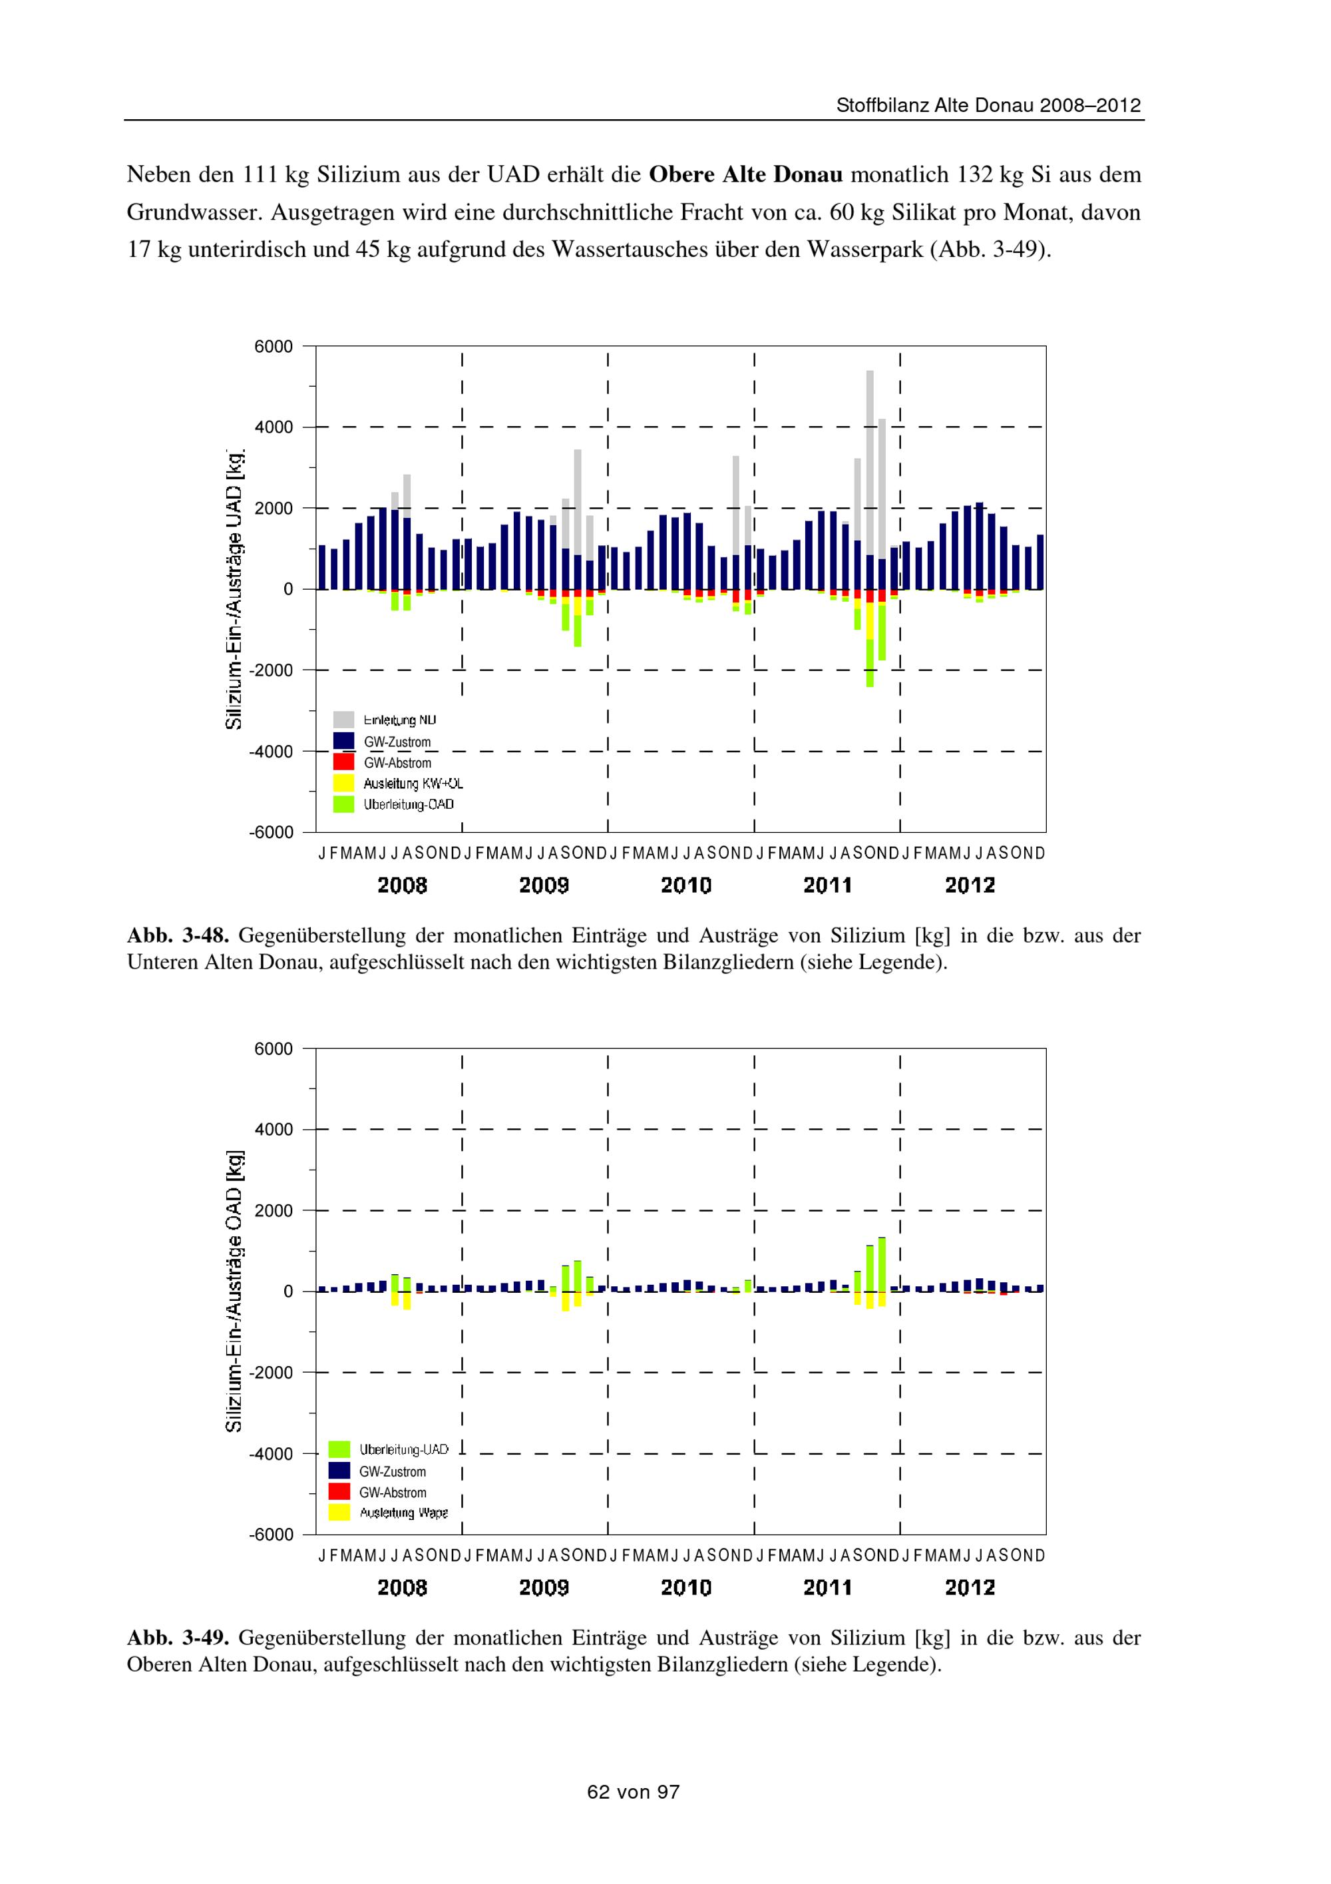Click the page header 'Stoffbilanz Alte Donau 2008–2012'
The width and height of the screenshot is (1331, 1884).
coord(988,106)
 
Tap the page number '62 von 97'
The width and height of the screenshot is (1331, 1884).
coord(633,1792)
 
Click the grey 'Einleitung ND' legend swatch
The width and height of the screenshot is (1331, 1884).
coord(343,720)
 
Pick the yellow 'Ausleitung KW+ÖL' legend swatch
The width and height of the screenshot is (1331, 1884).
coord(343,783)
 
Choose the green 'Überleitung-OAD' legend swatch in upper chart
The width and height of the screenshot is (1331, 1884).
coord(343,804)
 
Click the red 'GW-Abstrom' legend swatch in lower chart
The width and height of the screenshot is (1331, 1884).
coord(339,1492)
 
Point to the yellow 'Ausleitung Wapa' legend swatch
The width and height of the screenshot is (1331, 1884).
coord(339,1513)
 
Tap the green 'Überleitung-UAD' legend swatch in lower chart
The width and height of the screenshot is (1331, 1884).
coord(339,1450)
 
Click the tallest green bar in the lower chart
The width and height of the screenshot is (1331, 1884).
coord(882,1264)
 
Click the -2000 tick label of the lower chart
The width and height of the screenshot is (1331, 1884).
coord(271,1372)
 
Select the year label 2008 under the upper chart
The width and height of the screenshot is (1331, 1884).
coord(402,885)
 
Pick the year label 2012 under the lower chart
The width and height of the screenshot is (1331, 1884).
coord(970,1588)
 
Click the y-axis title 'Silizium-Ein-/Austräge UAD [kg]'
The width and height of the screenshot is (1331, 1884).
coord(236,589)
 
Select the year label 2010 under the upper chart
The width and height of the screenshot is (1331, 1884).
coord(685,885)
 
